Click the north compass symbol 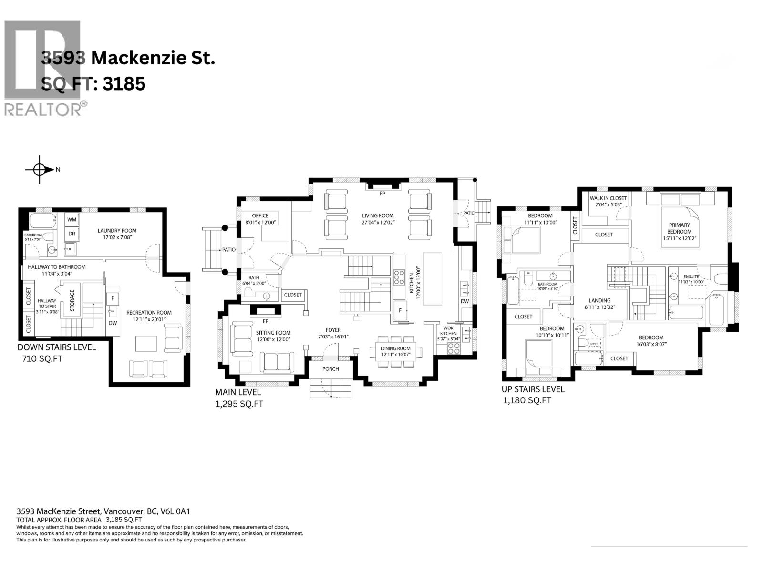pyautogui.click(x=40, y=169)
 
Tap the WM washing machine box pyautogui.click(x=72, y=219)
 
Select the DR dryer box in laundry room pyautogui.click(x=72, y=234)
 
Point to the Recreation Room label pyautogui.click(x=149, y=313)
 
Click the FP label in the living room pyautogui.click(x=382, y=194)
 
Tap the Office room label pyautogui.click(x=260, y=215)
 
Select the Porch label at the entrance pyautogui.click(x=330, y=368)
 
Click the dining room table pyautogui.click(x=396, y=351)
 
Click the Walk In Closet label pyautogui.click(x=608, y=198)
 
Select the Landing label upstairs pyautogui.click(x=599, y=300)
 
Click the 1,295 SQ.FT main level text pyautogui.click(x=239, y=404)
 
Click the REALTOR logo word pyautogui.click(x=43, y=109)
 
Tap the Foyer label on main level pyautogui.click(x=333, y=330)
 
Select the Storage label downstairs pyautogui.click(x=72, y=300)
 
